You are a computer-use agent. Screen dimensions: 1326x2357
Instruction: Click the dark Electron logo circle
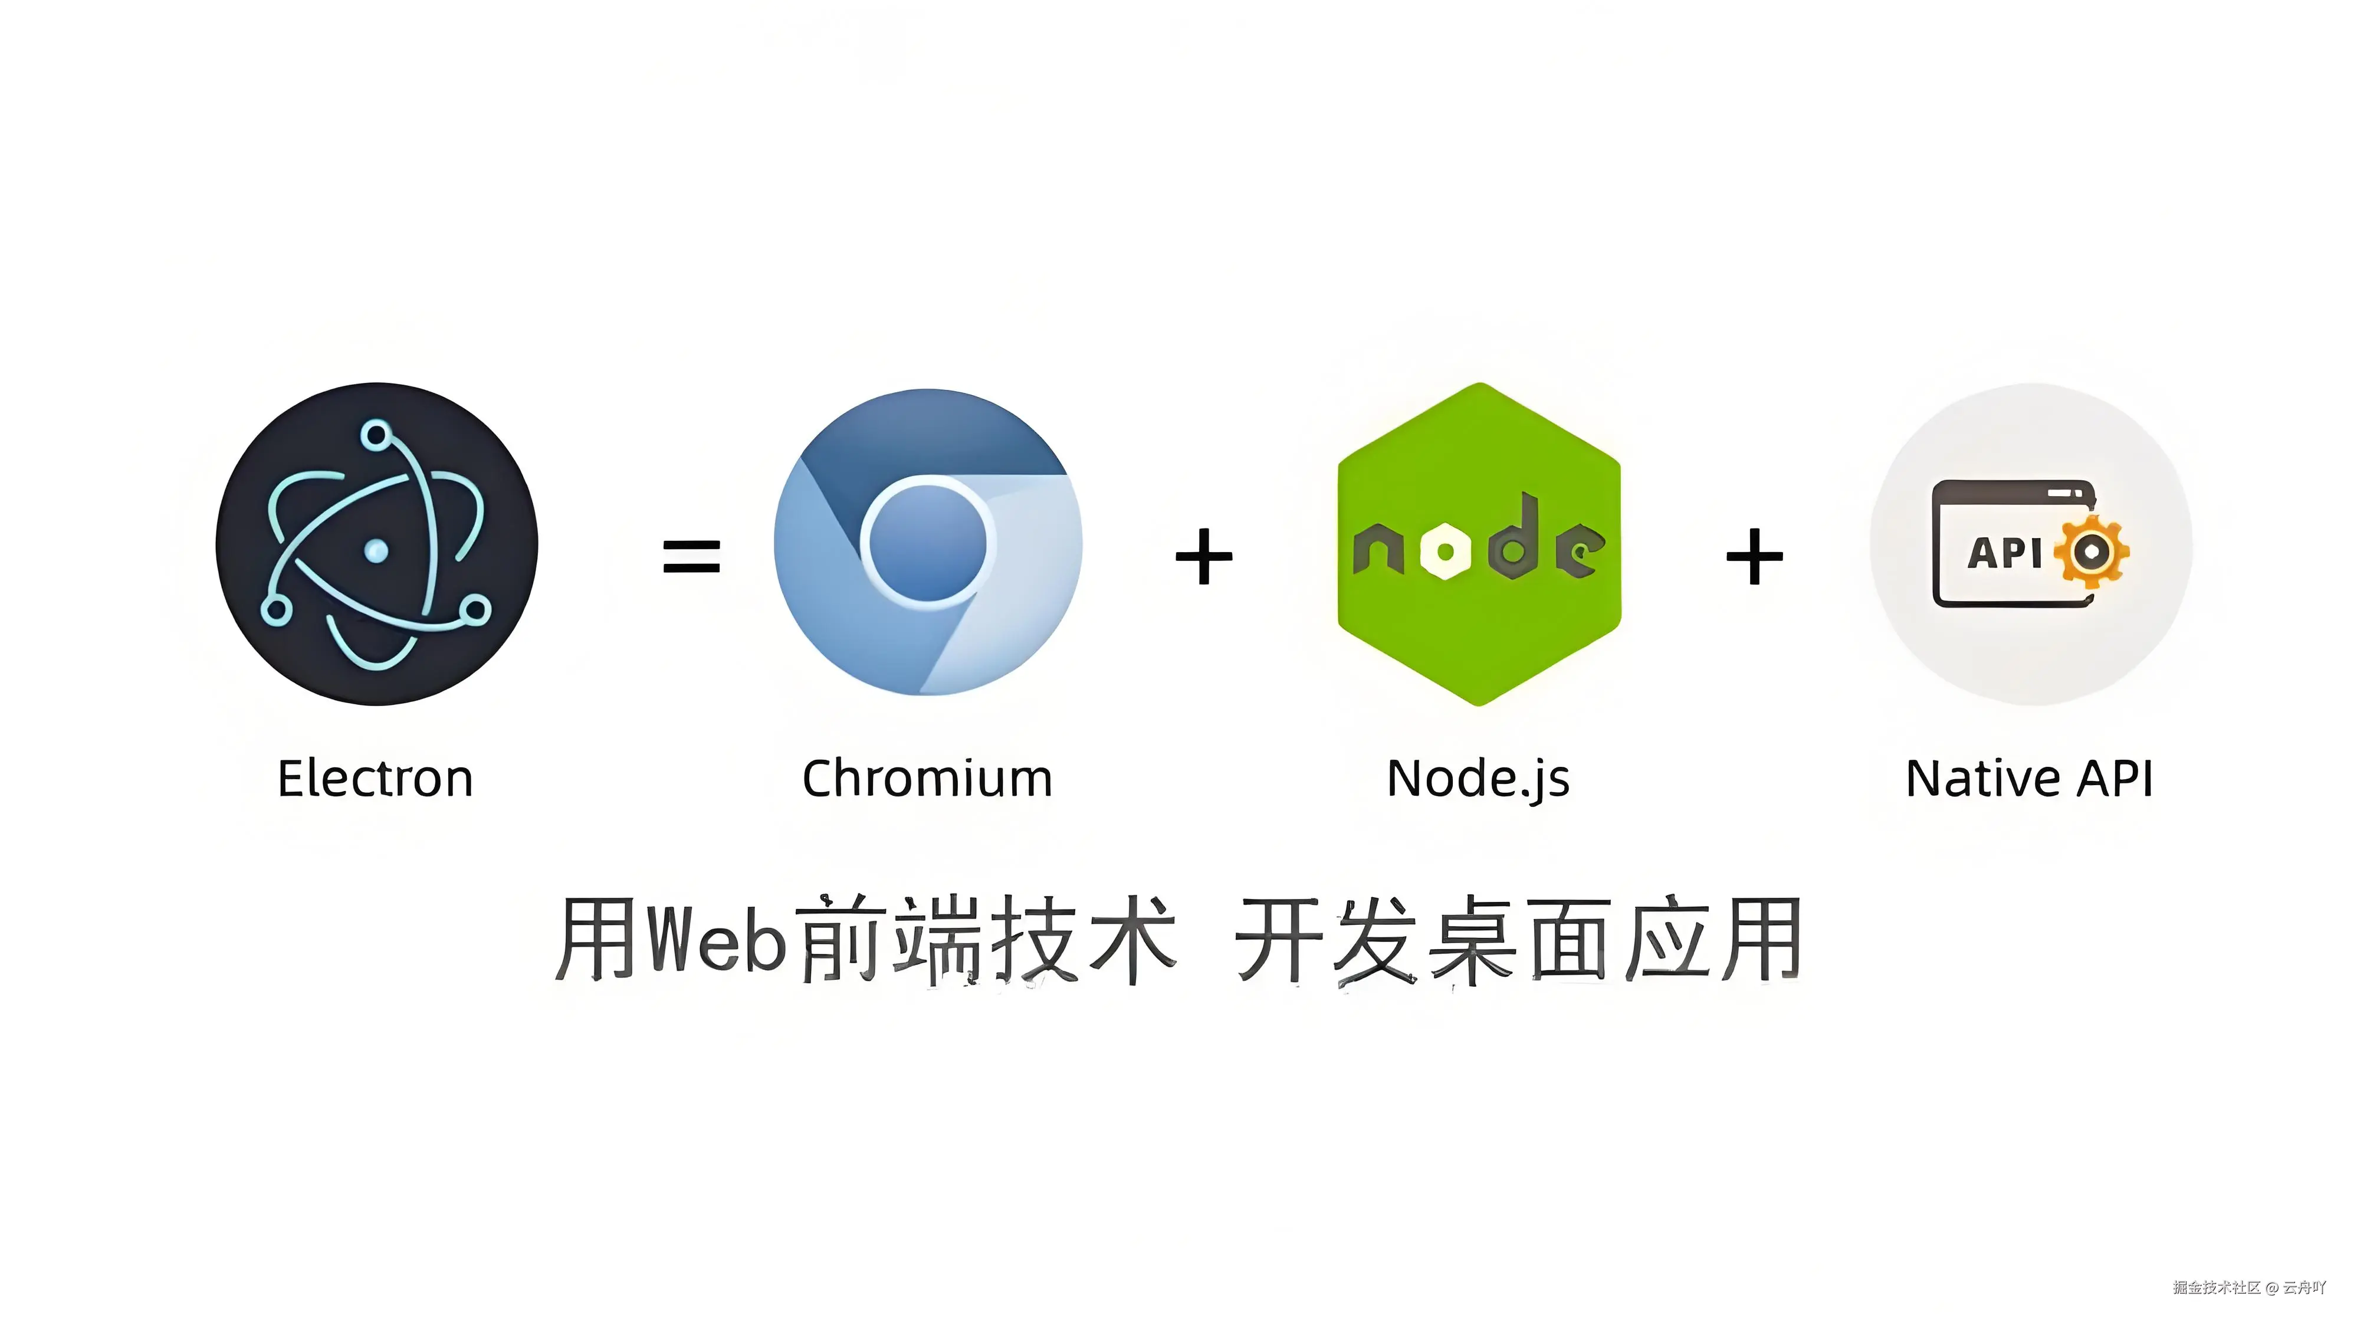(x=376, y=544)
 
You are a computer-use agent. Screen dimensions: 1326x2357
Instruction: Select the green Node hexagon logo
(x=1479, y=544)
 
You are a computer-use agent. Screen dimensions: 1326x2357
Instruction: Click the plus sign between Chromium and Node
(x=1203, y=556)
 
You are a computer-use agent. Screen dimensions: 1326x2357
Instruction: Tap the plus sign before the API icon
(x=1754, y=556)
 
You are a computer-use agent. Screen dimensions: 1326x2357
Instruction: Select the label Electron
(x=375, y=779)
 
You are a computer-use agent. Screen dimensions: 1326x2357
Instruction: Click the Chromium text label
(x=927, y=779)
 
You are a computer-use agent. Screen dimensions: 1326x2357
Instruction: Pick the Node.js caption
(x=1478, y=779)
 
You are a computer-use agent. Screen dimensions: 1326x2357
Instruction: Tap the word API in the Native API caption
(x=2115, y=779)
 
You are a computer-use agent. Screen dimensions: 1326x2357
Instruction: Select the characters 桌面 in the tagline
(x=1524, y=939)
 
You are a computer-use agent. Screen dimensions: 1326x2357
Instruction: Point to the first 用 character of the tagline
(x=596, y=939)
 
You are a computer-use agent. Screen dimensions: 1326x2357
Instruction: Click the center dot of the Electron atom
(x=376, y=550)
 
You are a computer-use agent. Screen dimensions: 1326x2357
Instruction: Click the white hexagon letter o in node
(x=1446, y=551)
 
